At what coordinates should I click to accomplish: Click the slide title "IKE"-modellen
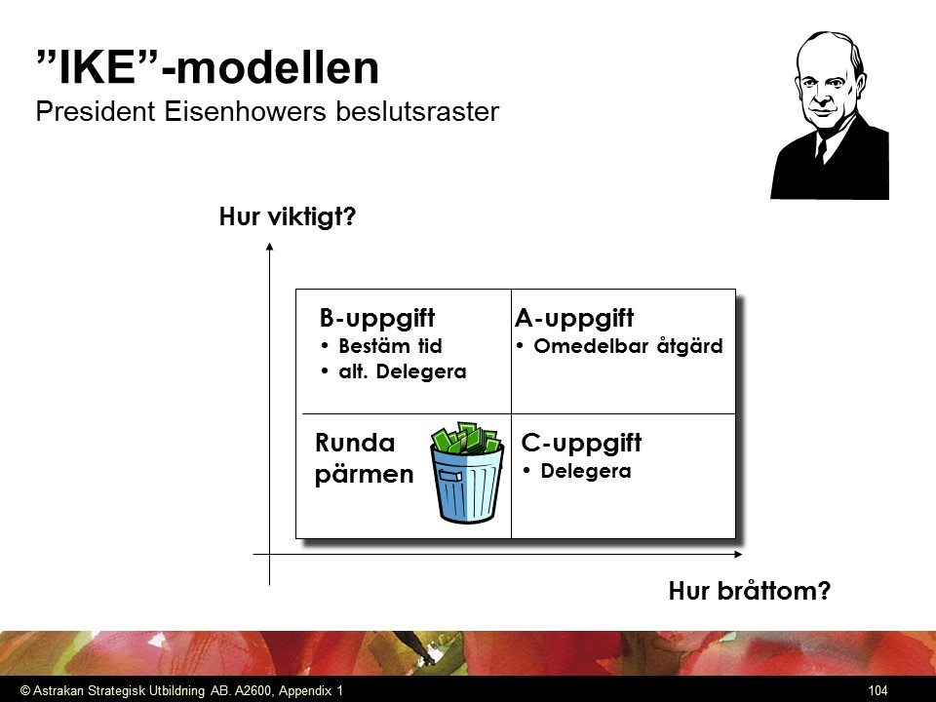(x=208, y=67)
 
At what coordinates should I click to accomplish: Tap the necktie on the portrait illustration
(x=822, y=150)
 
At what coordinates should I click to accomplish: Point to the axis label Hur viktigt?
(x=287, y=216)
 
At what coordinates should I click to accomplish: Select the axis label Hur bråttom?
(x=749, y=591)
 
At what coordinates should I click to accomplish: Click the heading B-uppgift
(x=377, y=318)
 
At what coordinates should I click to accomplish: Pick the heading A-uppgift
(x=573, y=318)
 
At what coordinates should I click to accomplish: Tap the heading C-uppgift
(x=581, y=444)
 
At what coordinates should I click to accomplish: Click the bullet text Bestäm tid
(x=390, y=345)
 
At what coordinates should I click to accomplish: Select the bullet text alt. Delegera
(x=403, y=371)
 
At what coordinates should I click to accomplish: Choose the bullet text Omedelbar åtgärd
(x=628, y=345)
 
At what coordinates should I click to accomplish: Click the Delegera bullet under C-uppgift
(x=586, y=471)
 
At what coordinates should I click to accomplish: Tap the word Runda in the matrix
(x=355, y=443)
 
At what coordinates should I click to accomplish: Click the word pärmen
(x=364, y=475)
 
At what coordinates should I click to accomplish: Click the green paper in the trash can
(x=466, y=438)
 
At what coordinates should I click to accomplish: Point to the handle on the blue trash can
(x=450, y=475)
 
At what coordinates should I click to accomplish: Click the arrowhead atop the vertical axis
(x=270, y=247)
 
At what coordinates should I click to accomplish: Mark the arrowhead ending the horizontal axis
(x=738, y=555)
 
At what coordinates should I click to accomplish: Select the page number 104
(x=877, y=690)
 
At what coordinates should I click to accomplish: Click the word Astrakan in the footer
(x=58, y=690)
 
